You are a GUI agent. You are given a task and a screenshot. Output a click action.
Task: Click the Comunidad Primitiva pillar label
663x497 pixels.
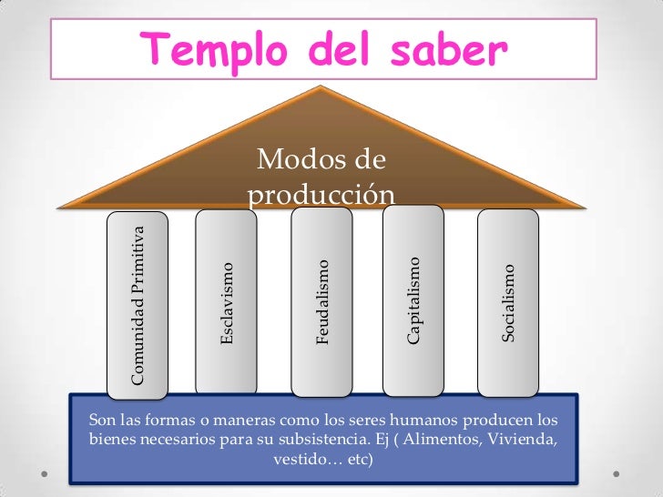138,303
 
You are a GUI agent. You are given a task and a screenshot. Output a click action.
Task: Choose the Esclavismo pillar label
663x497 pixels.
228,303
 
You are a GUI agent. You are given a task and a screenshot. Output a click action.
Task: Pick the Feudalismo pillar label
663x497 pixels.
321,302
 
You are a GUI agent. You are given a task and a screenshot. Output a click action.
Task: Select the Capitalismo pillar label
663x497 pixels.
413,300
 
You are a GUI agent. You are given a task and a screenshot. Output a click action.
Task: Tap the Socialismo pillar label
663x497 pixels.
509,302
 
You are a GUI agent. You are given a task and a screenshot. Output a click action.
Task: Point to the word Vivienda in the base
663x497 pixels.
524,441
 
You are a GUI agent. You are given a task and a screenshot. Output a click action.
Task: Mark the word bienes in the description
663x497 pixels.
110,441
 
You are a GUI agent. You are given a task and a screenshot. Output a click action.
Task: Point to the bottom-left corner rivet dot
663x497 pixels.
45,475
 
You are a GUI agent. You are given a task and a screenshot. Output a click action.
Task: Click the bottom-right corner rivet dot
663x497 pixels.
619,475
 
